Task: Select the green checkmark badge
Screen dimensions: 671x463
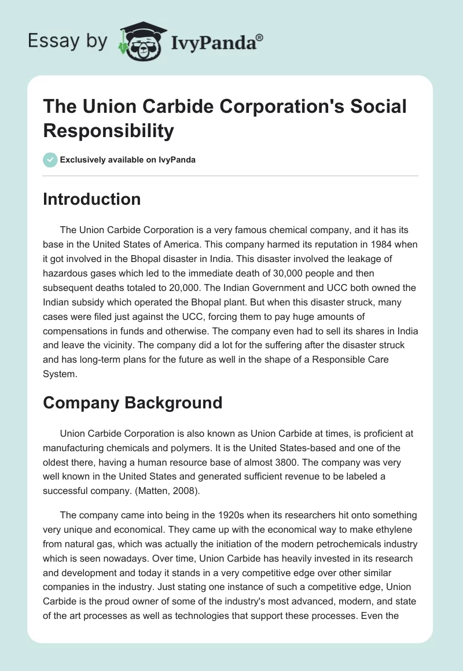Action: (x=50, y=160)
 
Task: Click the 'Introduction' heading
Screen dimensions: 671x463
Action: (x=92, y=200)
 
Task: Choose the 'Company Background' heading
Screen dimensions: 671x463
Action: (x=133, y=402)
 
